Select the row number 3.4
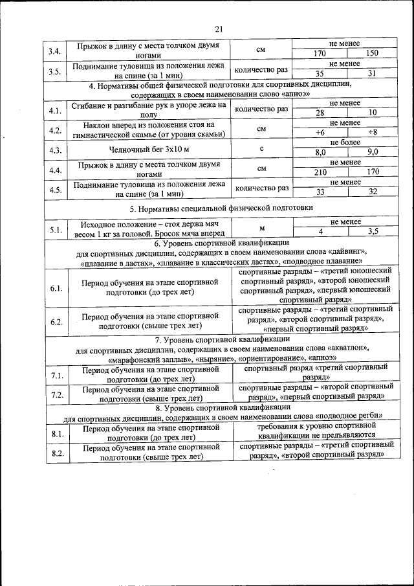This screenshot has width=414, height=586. click(x=56, y=51)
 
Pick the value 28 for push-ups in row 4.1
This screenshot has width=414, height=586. click(x=320, y=113)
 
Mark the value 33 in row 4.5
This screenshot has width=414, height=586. click(x=320, y=192)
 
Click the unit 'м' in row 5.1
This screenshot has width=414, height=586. click(x=262, y=228)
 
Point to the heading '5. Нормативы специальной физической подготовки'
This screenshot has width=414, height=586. click(x=221, y=208)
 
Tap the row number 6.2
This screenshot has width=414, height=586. click(x=56, y=322)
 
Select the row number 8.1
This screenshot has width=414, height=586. click(x=56, y=433)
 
